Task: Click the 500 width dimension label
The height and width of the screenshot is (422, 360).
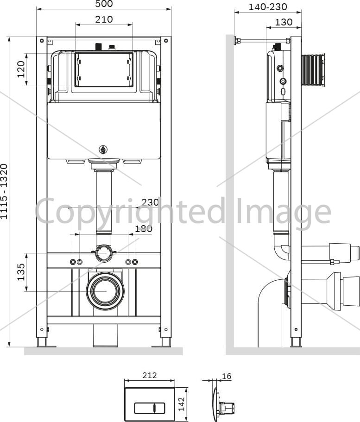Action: (104, 4)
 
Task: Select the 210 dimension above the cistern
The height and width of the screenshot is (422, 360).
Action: (104, 19)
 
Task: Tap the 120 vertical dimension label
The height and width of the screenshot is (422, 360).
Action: (21, 69)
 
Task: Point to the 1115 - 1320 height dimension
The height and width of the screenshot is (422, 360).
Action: (4, 191)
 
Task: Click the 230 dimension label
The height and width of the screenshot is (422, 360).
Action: (150, 202)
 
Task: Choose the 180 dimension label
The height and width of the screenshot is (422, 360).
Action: (144, 229)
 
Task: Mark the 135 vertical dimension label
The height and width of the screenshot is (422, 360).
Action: (21, 272)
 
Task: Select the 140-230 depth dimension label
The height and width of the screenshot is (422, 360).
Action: (268, 7)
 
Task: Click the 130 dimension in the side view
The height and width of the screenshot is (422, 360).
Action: (284, 22)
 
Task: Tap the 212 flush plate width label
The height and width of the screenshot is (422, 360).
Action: (150, 375)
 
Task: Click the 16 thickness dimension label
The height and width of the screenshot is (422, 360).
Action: (227, 376)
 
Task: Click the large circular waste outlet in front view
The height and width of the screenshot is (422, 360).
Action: (105, 291)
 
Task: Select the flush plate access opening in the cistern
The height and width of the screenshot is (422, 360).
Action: (104, 69)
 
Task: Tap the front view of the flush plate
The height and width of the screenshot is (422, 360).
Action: (150, 404)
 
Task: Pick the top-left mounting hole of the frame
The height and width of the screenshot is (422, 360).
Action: (42, 41)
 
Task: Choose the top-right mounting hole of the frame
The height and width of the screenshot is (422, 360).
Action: (166, 41)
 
